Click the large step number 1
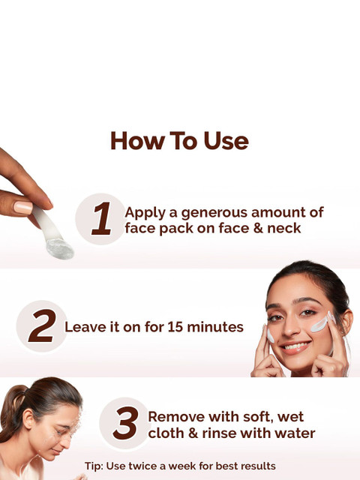click(x=102, y=218)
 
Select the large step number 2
click(x=42, y=325)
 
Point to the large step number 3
click(x=125, y=423)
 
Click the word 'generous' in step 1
click(x=214, y=213)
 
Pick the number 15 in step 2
click(x=175, y=327)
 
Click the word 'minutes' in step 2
click(x=215, y=327)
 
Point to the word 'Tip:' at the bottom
click(x=94, y=466)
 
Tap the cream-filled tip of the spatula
click(x=60, y=249)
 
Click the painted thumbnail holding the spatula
click(x=23, y=208)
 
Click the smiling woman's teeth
click(x=295, y=346)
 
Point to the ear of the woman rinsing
click(x=28, y=418)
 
